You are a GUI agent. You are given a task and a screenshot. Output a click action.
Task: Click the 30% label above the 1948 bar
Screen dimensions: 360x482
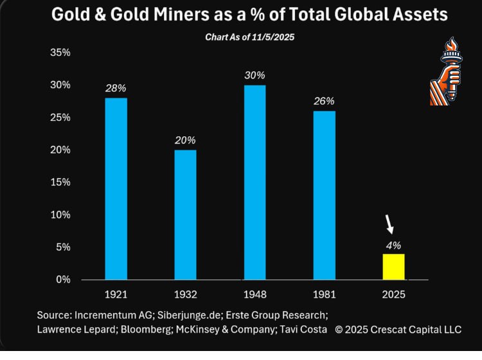(255, 75)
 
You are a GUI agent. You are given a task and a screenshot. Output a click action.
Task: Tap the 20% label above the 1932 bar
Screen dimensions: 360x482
(185, 140)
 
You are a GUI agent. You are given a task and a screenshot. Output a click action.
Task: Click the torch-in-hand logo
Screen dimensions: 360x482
(445, 72)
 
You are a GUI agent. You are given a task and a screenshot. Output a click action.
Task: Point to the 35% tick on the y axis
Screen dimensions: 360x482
(60, 53)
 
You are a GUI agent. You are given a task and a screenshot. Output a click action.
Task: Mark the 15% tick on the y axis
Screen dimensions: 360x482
(60, 183)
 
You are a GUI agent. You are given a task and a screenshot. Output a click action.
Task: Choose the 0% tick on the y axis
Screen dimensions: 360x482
(63, 280)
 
